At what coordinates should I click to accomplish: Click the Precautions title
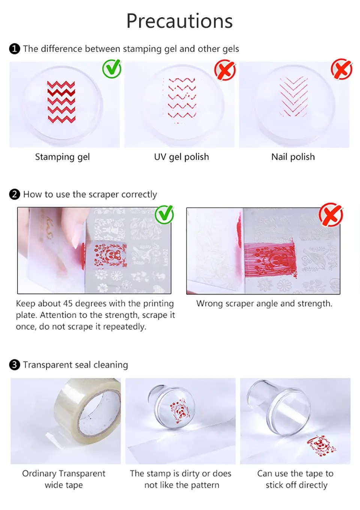(x=180, y=21)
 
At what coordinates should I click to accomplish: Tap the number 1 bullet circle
(x=15, y=49)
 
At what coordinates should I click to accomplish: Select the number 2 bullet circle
(x=15, y=194)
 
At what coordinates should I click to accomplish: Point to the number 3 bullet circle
(x=15, y=364)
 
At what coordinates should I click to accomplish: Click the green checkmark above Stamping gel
(x=112, y=69)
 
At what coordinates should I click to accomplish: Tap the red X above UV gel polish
(x=225, y=70)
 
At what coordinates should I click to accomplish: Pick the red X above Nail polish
(x=342, y=69)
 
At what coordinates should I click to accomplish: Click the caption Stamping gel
(x=62, y=157)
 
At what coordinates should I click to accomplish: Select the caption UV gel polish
(x=181, y=157)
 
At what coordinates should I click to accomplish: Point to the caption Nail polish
(x=293, y=157)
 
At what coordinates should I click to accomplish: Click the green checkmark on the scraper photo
(x=164, y=215)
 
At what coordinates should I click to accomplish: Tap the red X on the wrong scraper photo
(x=331, y=215)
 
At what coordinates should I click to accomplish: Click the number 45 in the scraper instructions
(x=68, y=304)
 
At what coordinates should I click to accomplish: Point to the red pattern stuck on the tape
(x=321, y=446)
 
